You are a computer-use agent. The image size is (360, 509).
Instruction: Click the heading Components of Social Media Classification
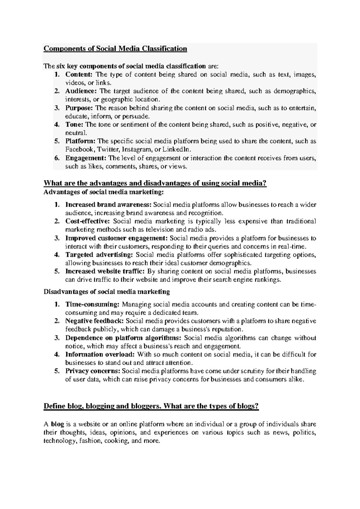115,49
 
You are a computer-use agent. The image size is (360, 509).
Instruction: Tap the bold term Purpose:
79,108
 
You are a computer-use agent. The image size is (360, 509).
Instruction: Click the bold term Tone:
75,125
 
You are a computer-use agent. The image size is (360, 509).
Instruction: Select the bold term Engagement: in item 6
86,158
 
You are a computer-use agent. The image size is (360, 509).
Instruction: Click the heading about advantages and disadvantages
155,183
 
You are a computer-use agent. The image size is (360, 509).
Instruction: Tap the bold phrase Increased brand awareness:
109,205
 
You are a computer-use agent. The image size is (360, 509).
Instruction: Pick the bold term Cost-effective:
88,221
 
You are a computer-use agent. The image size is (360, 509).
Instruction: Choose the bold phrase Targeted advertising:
99,255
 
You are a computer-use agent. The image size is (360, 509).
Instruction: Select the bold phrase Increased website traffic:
105,271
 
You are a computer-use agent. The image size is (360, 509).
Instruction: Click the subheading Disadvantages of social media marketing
107,291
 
